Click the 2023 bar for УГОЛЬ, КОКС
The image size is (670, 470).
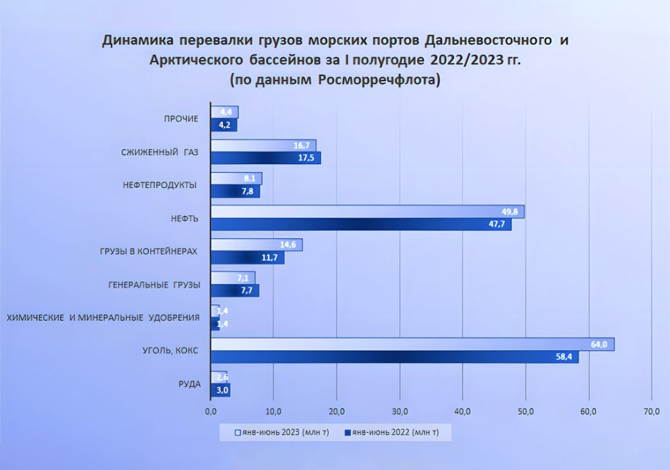[413, 344]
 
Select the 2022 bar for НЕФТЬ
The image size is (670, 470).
[361, 225]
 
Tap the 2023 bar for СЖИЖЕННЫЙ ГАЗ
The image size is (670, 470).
[263, 145]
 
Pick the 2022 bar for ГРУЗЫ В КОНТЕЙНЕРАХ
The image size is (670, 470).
[248, 258]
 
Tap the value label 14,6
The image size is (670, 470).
[288, 245]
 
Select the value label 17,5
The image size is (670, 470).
[307, 159]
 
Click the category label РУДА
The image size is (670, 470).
[189, 383]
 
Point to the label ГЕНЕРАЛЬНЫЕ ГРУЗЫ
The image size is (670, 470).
[154, 285]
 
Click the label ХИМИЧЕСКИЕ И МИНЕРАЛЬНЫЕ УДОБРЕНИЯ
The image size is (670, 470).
[103, 318]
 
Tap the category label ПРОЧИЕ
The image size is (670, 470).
[181, 118]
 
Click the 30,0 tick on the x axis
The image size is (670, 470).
[399, 412]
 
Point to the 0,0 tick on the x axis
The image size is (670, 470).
[210, 412]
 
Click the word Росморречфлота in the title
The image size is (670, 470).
[379, 80]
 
